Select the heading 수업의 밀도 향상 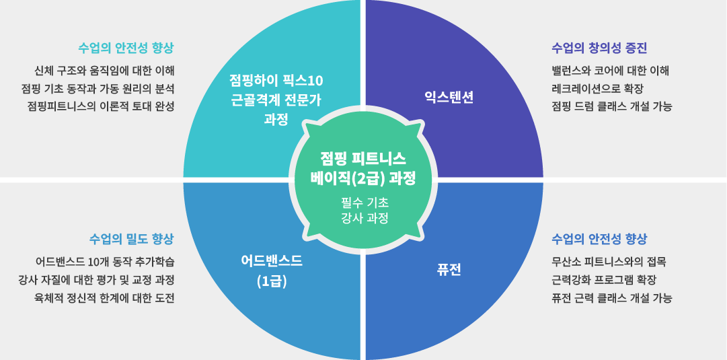[x=132, y=239]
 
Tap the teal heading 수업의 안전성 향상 [x=126, y=48]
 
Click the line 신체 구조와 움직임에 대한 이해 [x=104, y=70]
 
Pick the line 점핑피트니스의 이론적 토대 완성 [x=101, y=106]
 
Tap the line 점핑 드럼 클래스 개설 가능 [x=611, y=106]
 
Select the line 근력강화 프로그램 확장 [x=603, y=279]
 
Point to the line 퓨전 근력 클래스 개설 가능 [x=611, y=297]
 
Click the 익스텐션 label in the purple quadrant [x=449, y=97]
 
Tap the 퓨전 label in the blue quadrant [x=449, y=270]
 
